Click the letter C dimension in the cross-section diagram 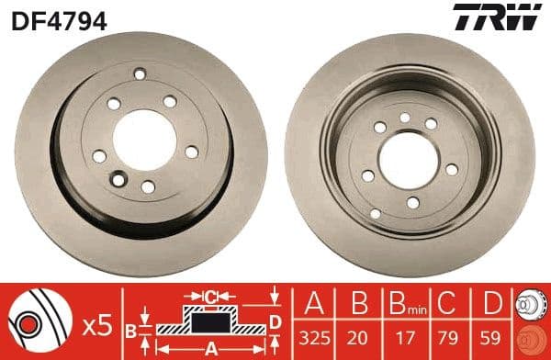click(211, 297)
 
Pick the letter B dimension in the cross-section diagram click(131, 328)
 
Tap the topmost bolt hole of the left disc click(139, 74)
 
